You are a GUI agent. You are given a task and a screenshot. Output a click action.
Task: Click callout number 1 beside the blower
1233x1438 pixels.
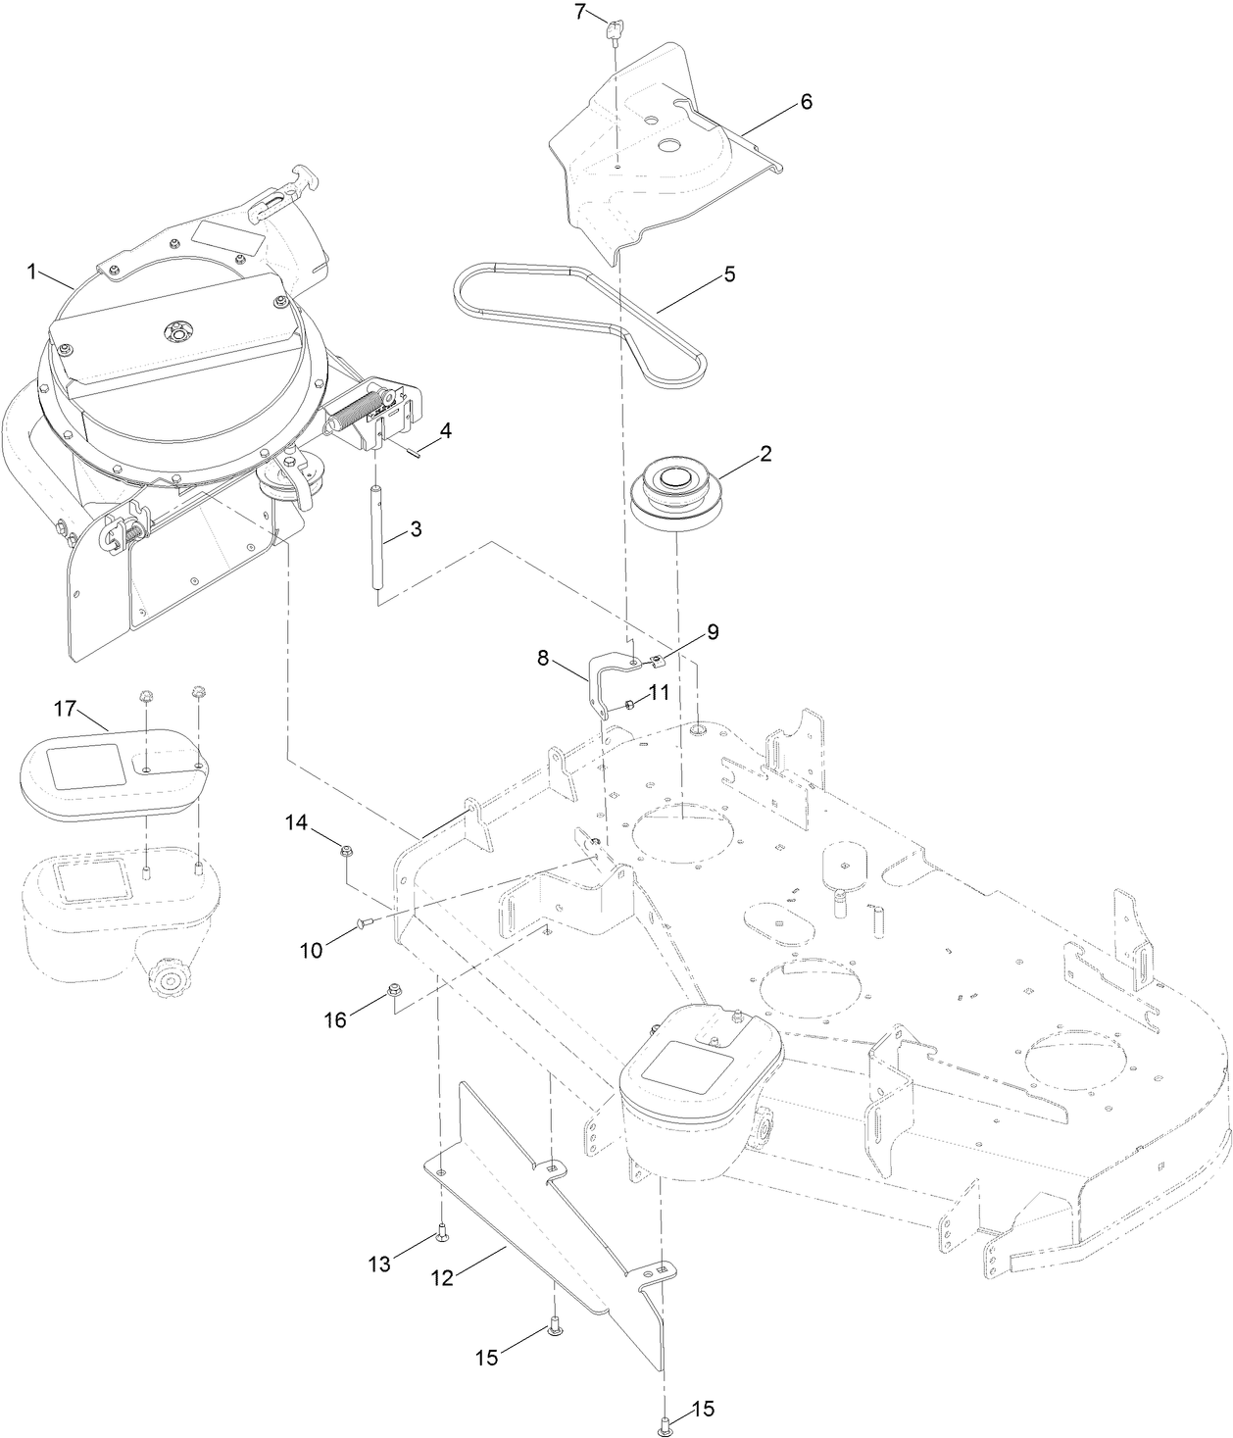click(32, 272)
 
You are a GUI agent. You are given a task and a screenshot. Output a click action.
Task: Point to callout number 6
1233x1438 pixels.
click(806, 102)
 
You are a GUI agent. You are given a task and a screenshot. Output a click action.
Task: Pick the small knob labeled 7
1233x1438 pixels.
click(616, 29)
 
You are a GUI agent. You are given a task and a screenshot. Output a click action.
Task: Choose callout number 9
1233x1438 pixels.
click(712, 631)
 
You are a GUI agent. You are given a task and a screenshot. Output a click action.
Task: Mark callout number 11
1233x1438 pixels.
click(658, 692)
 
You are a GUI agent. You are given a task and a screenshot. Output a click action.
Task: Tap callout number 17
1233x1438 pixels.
click(65, 707)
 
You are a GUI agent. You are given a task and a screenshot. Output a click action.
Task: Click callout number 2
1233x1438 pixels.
click(765, 454)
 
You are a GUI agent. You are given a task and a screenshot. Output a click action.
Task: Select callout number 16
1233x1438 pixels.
click(335, 1019)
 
